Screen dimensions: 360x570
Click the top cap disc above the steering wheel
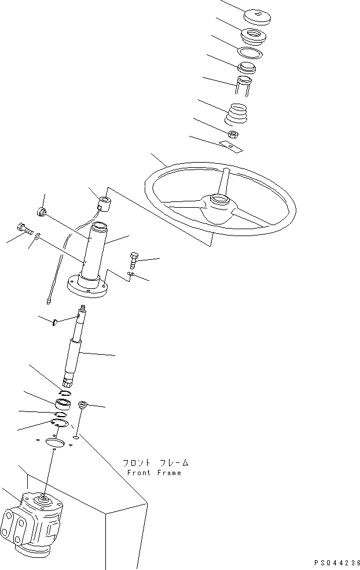coord(257,17)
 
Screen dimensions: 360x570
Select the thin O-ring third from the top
coord(250,52)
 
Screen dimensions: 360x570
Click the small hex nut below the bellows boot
coord(233,134)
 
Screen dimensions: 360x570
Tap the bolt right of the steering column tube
coord(134,260)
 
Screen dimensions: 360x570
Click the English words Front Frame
coord(154,473)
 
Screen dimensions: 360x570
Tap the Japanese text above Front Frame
coord(156,463)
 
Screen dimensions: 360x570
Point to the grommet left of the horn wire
coord(42,211)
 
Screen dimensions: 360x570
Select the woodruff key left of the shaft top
coord(54,322)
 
